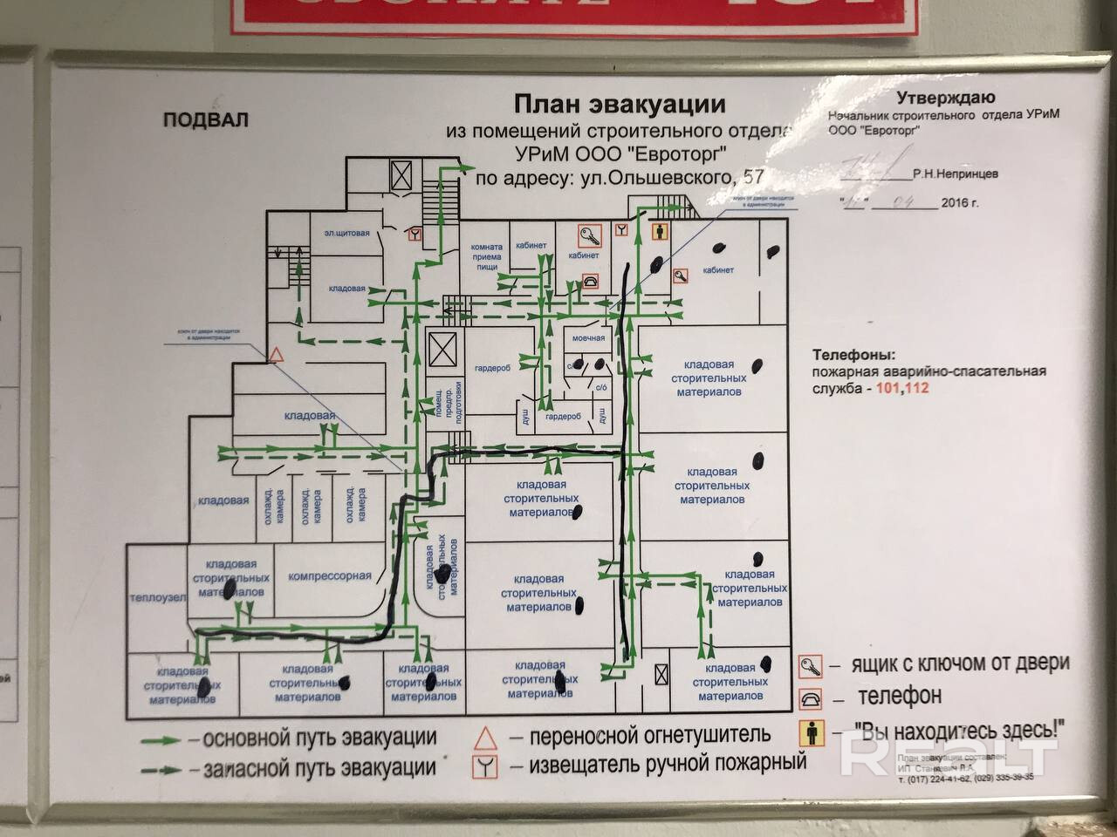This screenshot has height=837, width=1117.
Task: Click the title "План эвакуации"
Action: point(619,105)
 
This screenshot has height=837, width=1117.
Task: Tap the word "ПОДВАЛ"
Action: point(205,120)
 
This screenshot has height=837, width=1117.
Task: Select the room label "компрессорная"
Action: point(330,575)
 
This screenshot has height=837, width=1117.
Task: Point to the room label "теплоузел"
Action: point(157,597)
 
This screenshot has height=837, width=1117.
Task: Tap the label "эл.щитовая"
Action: point(347,233)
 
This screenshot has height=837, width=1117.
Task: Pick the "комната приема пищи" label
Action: point(487,256)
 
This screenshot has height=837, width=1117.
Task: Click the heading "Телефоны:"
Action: point(853,356)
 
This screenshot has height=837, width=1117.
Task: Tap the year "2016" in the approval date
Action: point(953,203)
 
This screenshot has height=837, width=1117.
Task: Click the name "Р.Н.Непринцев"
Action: point(956,174)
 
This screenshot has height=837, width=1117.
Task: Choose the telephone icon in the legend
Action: point(811,698)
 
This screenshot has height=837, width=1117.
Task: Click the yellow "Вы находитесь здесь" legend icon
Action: point(811,731)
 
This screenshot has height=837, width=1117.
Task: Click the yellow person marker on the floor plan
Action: point(661,233)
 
